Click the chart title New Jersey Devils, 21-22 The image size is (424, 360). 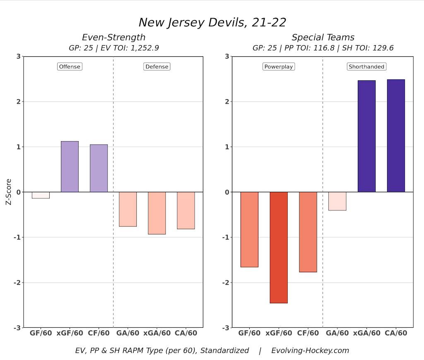212,22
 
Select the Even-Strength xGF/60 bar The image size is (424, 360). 70,167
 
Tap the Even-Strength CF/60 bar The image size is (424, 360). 99,168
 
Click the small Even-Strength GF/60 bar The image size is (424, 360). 41,195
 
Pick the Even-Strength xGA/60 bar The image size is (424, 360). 157,213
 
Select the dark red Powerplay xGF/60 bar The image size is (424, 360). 279,247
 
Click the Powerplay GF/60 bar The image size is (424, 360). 250,230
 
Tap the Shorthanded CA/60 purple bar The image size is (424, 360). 396,135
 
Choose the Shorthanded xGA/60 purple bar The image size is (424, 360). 366,136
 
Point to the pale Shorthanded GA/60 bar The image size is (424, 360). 337,201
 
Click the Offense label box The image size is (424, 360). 70,66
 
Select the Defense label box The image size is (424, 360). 157,66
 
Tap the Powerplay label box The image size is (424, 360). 279,66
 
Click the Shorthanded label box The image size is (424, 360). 366,66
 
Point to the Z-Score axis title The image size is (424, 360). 8,192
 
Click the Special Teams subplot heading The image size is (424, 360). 323,37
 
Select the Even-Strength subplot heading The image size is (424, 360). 113,37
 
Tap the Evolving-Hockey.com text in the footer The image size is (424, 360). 310,350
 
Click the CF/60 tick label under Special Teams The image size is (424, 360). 308,333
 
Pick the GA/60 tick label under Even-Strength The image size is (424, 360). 128,333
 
